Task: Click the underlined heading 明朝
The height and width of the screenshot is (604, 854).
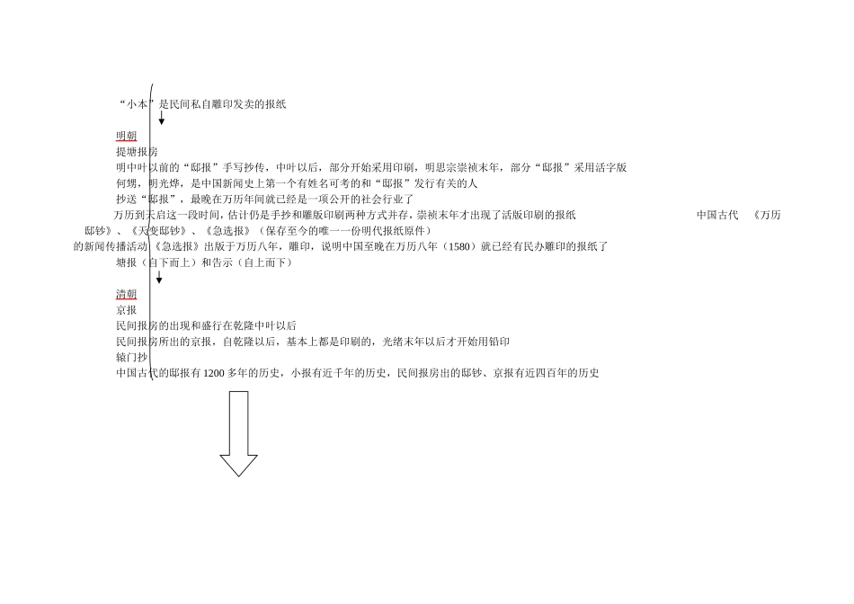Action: [x=126, y=136]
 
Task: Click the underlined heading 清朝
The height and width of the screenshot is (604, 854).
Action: [x=126, y=294]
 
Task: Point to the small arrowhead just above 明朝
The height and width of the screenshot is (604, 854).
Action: [x=162, y=120]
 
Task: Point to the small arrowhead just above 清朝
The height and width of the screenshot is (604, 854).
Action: [x=159, y=279]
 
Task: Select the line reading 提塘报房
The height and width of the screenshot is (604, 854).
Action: [x=137, y=152]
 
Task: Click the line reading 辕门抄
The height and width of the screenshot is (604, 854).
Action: [x=131, y=357]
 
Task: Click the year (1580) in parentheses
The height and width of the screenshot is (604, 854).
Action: [x=461, y=246]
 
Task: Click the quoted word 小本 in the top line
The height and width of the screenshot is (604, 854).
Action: [x=137, y=104]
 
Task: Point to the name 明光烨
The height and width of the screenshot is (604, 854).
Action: [x=164, y=183]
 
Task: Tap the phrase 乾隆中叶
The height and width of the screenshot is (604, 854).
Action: [x=258, y=325]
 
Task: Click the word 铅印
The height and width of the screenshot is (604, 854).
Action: [x=499, y=342]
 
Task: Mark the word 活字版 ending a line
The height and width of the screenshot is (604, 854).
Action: [x=610, y=167]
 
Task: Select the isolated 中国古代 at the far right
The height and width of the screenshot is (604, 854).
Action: [x=717, y=215]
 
